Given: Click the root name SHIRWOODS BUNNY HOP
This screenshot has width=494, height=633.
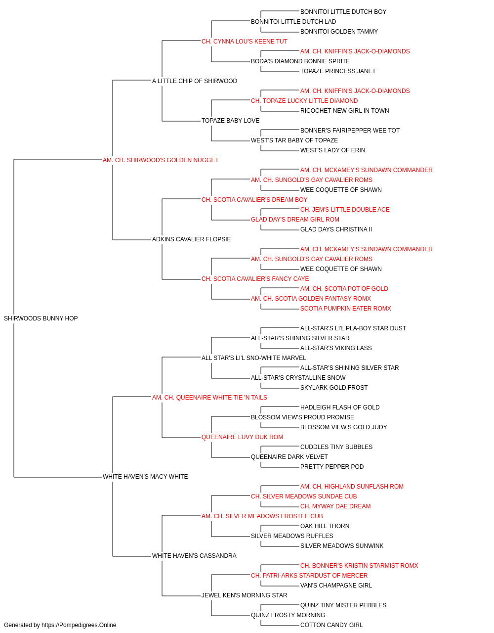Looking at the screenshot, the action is coord(41,318).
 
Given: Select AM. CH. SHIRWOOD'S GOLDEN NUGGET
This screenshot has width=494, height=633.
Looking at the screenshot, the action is coord(161,160).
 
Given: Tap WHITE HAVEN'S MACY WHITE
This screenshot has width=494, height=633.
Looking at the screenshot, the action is coord(145,477).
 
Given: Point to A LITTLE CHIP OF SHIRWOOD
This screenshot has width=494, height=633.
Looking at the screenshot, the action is coord(194,81).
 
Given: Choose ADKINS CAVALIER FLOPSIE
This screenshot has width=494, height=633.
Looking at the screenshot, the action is coord(192,239).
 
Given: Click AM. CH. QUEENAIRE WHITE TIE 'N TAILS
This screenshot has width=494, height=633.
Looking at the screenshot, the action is coord(209,397).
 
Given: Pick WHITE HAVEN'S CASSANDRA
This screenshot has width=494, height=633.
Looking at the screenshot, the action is coord(194,555).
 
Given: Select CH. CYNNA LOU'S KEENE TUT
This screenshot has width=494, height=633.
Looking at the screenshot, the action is coord(245,42).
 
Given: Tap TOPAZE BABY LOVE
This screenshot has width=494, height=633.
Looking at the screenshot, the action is coord(230,121).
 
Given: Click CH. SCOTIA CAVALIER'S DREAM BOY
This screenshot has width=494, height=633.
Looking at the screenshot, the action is coord(254,199).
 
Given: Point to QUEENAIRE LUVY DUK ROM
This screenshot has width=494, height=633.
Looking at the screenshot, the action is coord(242,437).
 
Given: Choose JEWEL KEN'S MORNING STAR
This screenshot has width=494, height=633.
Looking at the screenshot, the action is coord(245,595).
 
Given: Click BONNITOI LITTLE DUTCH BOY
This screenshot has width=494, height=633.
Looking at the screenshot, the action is coord(343,12).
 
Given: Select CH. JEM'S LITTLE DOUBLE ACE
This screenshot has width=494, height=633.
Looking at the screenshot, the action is coord(345,210).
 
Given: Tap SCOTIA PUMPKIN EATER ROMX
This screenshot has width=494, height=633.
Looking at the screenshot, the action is coord(346,309).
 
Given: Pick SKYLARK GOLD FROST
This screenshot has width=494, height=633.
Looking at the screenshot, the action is coord(334,387).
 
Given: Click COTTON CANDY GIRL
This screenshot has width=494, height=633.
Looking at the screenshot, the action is coord(331,625).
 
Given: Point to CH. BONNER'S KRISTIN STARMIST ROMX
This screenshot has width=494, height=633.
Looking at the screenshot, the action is coord(359,565).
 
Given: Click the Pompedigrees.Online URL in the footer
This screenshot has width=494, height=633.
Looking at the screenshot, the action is coord(79,625).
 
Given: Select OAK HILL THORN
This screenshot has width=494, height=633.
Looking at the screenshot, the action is coord(325,526).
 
